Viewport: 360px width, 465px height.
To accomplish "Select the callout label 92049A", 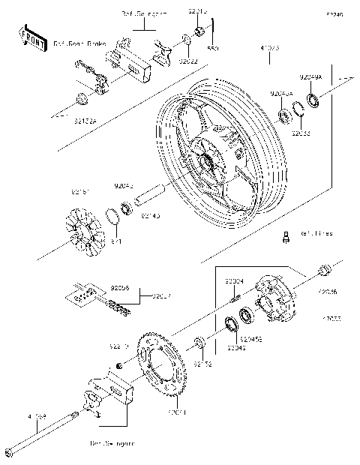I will coord(310,77).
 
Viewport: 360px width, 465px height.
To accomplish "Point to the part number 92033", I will coord(301,133).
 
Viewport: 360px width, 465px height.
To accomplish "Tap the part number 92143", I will coord(149,216).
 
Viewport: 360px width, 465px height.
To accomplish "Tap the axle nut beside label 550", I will coord(200,31).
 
